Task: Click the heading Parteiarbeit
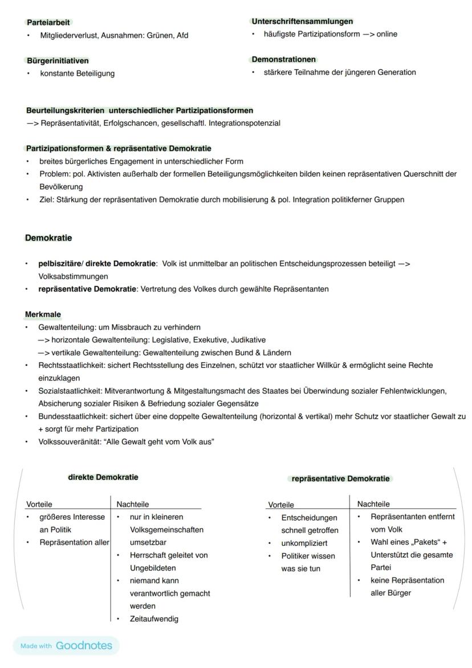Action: pos(48,22)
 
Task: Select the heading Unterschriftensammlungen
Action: pos(302,21)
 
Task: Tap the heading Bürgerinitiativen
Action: pos(58,60)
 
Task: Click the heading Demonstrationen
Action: pos(283,59)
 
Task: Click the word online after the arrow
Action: pos(386,34)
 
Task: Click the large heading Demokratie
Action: pos(48,238)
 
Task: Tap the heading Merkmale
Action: pos(43,314)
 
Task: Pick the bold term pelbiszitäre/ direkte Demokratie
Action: pos(97,264)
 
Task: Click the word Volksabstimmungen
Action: pos(73,277)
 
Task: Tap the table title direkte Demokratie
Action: pos(103,477)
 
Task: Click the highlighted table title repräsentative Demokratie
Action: pos(340,479)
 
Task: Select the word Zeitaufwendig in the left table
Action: pos(154,618)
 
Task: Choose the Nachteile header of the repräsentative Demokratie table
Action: pos(373,504)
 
